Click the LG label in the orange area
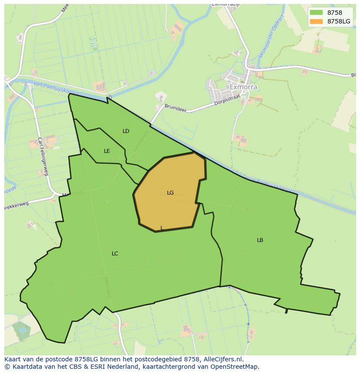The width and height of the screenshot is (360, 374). (170, 193)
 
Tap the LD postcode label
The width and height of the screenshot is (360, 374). (126, 131)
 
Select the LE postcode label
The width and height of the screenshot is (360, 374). (107, 151)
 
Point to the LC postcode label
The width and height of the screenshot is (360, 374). (115, 254)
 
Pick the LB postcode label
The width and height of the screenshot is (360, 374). (260, 240)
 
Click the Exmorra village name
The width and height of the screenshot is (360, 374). (243, 87)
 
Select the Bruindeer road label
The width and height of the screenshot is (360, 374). (175, 108)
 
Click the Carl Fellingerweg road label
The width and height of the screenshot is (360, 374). (43, 156)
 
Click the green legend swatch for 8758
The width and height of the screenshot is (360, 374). (316, 13)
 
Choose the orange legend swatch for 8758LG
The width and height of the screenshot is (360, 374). (316, 21)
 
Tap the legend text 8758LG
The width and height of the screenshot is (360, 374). (339, 21)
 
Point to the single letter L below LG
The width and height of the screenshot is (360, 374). (162, 228)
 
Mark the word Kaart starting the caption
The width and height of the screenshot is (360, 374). (13, 359)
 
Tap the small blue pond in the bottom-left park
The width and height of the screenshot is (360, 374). (21, 330)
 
